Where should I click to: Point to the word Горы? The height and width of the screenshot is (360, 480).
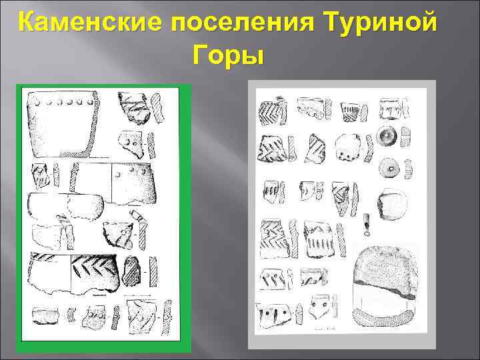click(229, 57)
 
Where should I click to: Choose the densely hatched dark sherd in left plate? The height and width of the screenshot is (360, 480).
click(133, 269)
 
